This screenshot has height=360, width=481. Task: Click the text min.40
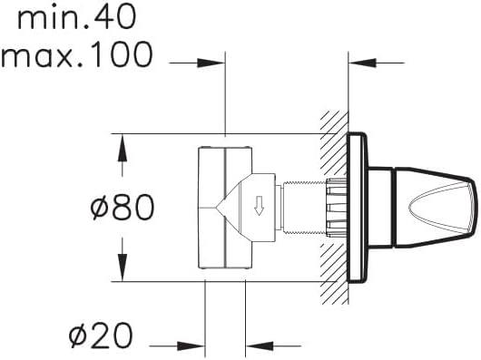[x=77, y=18]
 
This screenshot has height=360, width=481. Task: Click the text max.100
[x=77, y=54]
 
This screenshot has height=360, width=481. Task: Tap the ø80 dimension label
[x=123, y=207]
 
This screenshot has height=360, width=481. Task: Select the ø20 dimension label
[x=101, y=336]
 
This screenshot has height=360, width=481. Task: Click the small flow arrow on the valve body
[x=260, y=206]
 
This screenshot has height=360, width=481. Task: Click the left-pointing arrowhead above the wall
[x=363, y=63]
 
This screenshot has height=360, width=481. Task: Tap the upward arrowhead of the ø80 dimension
[x=123, y=148]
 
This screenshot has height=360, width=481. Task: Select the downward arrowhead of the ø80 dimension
[x=123, y=268]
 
